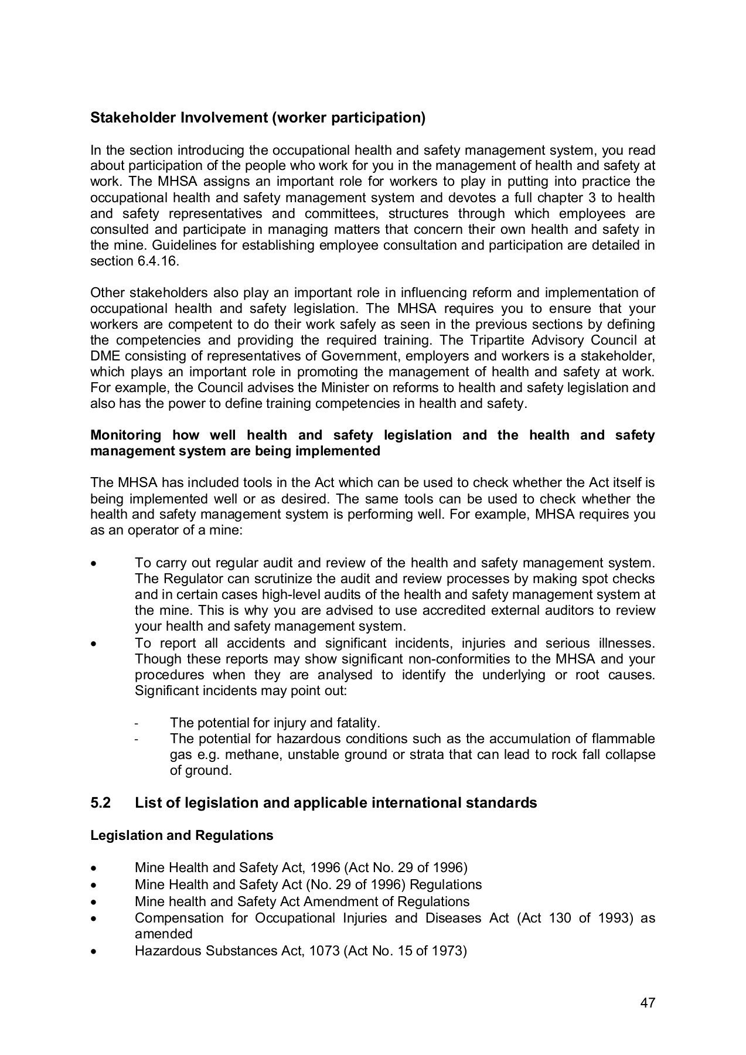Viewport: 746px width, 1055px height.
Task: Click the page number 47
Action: point(647,1002)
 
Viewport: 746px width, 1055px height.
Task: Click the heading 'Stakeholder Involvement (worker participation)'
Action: point(257,118)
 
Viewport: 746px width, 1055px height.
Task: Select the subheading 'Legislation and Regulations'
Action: point(182,835)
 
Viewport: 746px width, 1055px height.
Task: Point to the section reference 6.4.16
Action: point(157,261)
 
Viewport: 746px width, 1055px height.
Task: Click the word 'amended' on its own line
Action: point(163,934)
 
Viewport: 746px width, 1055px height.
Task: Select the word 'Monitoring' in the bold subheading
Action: point(125,435)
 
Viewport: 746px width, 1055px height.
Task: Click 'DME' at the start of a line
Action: point(104,356)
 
